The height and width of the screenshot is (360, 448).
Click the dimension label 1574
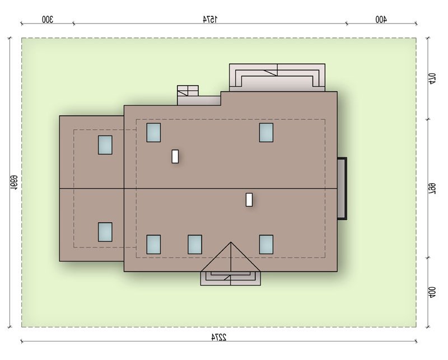pyautogui.click(x=210, y=20)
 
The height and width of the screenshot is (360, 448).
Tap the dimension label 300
pyautogui.click(x=48, y=20)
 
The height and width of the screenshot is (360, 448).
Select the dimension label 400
pyautogui.click(x=381, y=20)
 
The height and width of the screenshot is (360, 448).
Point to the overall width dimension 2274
pyautogui.click(x=219, y=337)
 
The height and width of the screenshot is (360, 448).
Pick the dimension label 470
pyautogui.click(x=432, y=78)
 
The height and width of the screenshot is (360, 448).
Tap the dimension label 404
pyautogui.click(x=432, y=293)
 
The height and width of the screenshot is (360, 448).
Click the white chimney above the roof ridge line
pyautogui.click(x=175, y=156)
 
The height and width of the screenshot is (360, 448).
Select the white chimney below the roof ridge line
pyautogui.click(x=249, y=199)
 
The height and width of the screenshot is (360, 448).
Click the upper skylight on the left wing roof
pyautogui.click(x=105, y=145)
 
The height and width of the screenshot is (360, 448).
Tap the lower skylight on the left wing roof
pyautogui.click(x=105, y=232)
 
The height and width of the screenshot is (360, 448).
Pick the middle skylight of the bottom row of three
pyautogui.click(x=195, y=244)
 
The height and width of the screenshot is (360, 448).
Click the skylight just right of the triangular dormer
pyautogui.click(x=267, y=244)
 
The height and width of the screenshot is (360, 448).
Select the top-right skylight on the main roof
pyautogui.click(x=267, y=132)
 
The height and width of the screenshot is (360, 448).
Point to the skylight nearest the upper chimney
pyautogui.click(x=153, y=132)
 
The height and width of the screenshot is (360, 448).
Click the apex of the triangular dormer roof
pyautogui.click(x=231, y=242)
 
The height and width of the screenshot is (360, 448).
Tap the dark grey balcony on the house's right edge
pyautogui.click(x=342, y=188)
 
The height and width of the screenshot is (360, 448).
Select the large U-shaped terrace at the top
pyautogui.click(x=277, y=77)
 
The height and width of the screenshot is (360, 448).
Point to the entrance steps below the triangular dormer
pyautogui.click(x=231, y=278)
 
